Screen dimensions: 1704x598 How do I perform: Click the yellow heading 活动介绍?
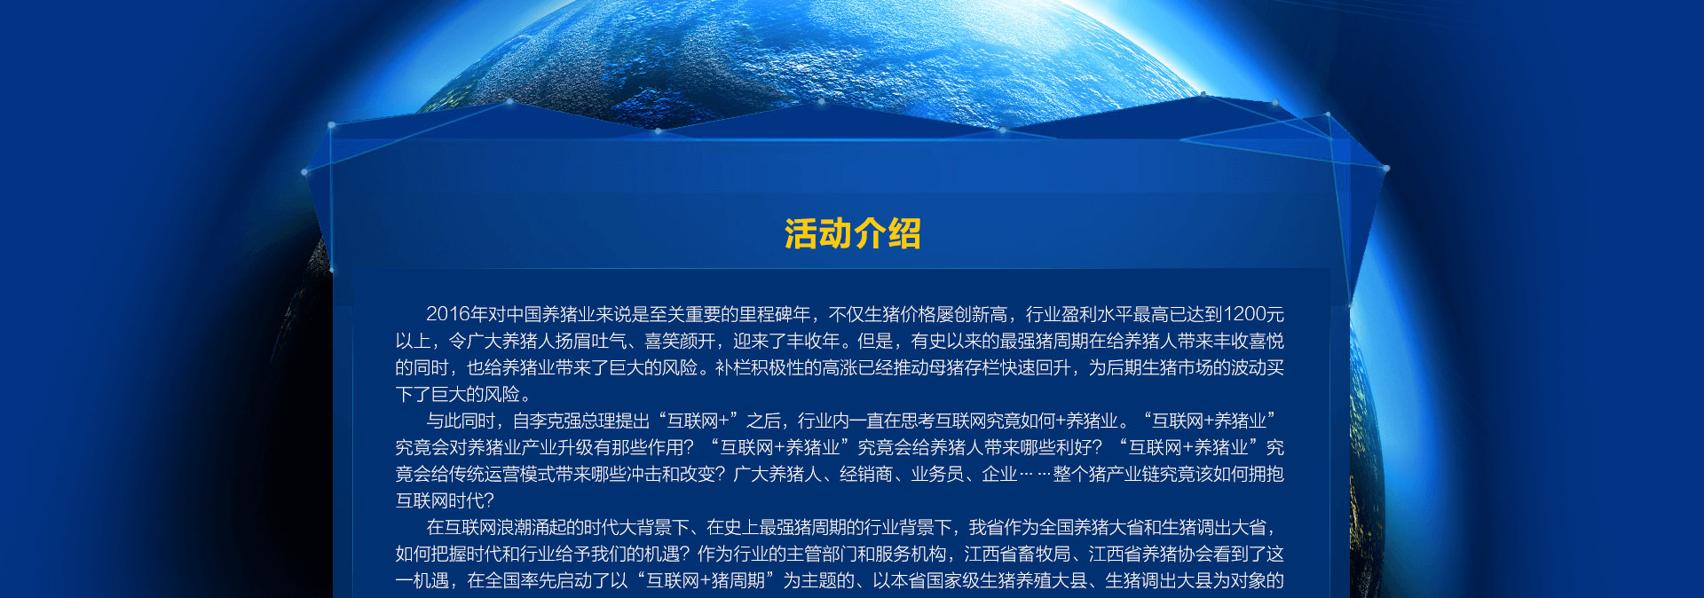pyautogui.click(x=852, y=234)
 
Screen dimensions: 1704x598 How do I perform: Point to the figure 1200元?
pyautogui.click(x=1253, y=314)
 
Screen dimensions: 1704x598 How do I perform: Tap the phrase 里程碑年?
pyautogui.click(x=776, y=314)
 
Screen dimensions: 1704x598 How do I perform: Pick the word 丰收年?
pyautogui.click(x=813, y=341)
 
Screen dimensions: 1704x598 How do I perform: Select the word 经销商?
pyautogui.click(x=866, y=474)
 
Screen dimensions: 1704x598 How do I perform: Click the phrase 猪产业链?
pyautogui.click(x=1124, y=474)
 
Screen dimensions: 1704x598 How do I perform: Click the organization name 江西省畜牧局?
pyautogui.click(x=1017, y=554)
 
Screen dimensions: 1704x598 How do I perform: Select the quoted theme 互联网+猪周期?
pyautogui.click(x=706, y=580)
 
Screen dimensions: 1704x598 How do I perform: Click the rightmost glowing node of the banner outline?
pyautogui.click(x=1385, y=168)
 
